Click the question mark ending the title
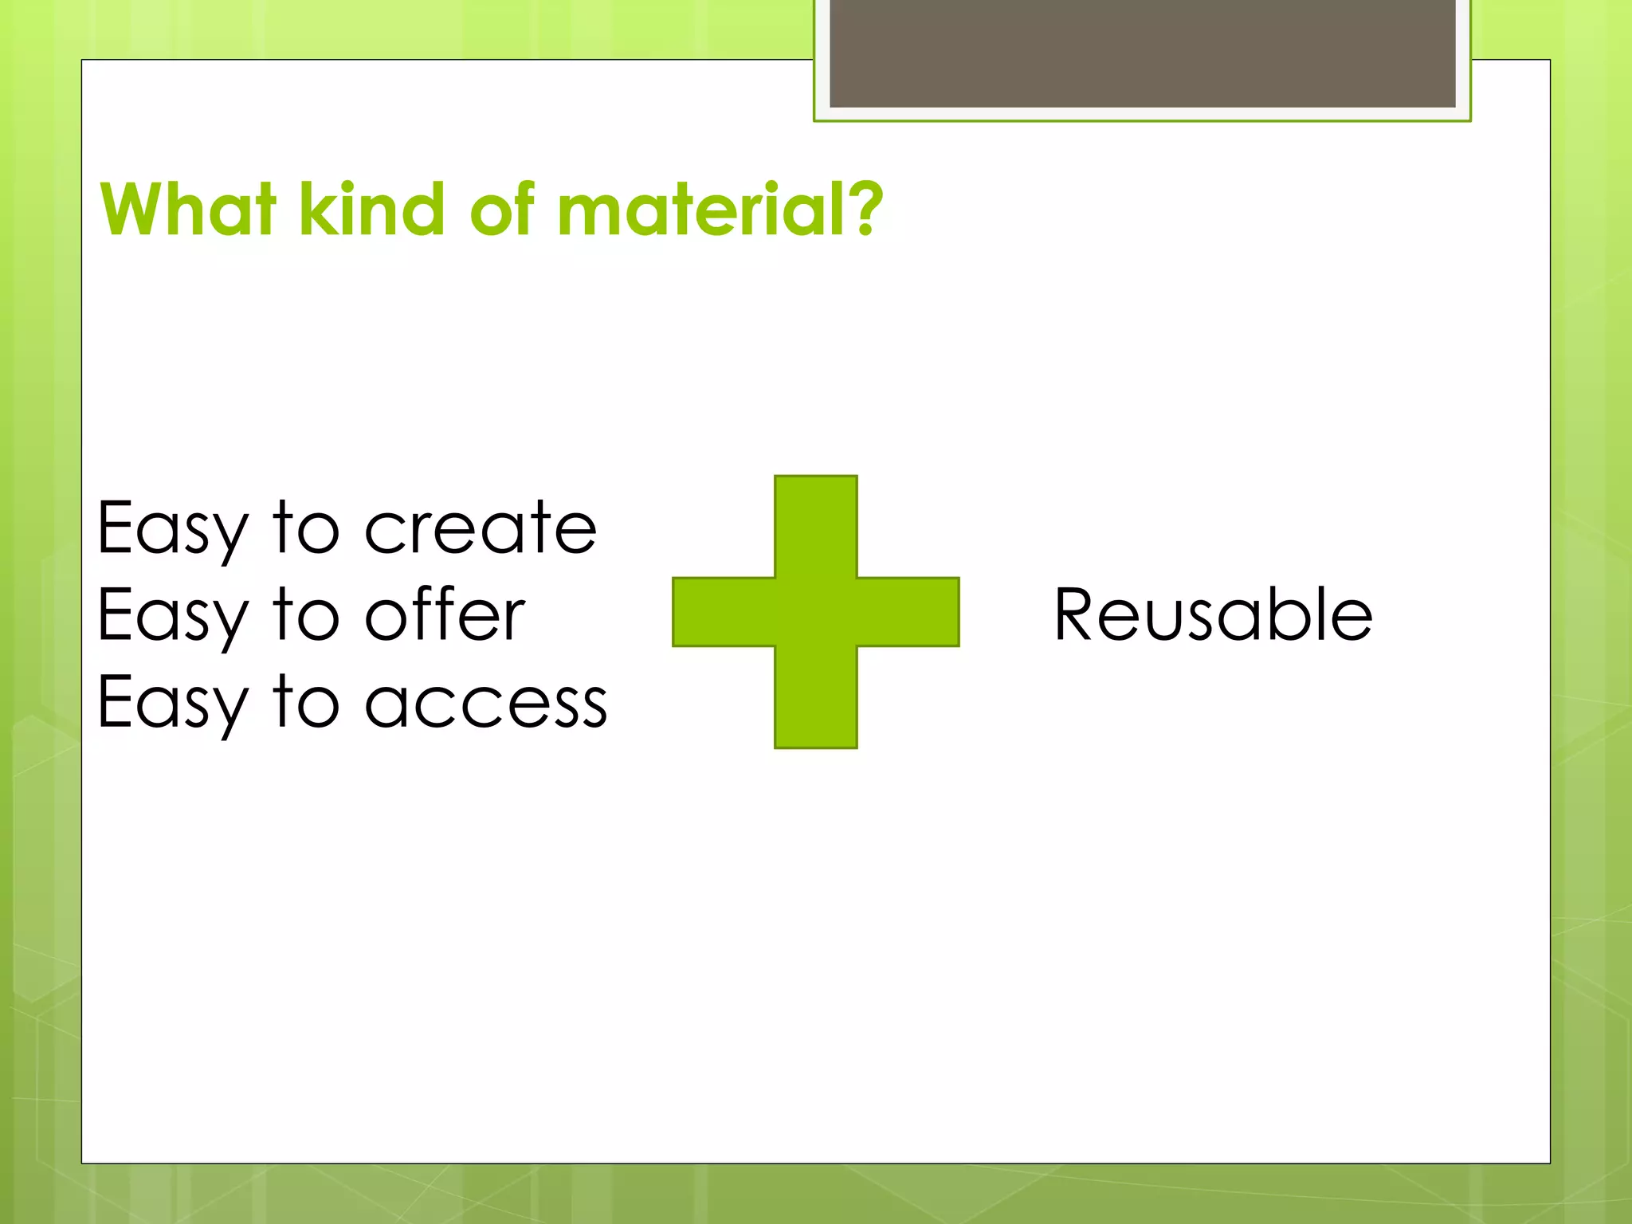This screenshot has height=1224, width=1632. pyautogui.click(x=864, y=208)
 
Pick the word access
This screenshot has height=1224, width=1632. pyautogui.click(x=486, y=703)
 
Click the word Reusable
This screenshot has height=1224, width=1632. pyautogui.click(x=1213, y=614)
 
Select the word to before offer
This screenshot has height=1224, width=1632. pyautogui.click(x=307, y=614)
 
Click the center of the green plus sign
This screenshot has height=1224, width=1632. pyautogui.click(x=816, y=612)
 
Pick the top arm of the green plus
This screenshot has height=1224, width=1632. pyautogui.click(x=816, y=526)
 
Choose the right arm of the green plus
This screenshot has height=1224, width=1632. pyautogui.click(x=908, y=612)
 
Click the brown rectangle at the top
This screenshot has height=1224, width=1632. pyautogui.click(x=1142, y=53)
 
